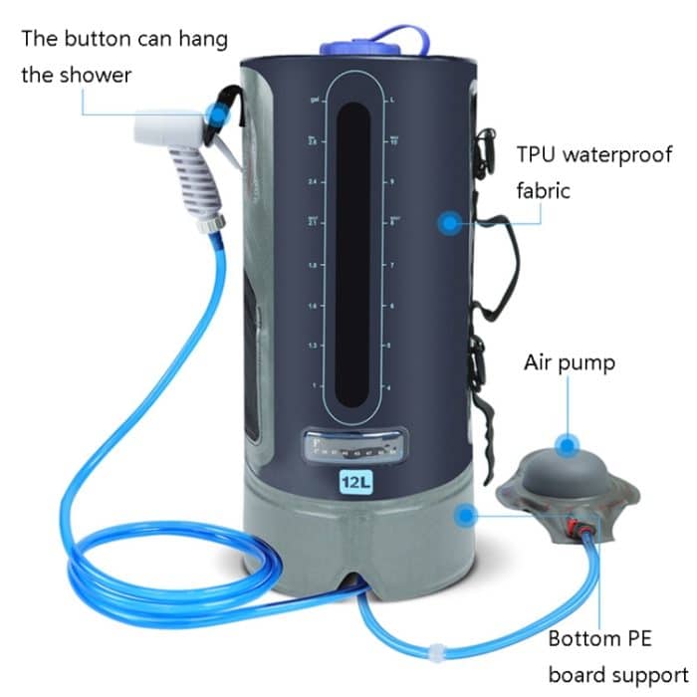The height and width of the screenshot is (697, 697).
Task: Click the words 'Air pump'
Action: (569, 361)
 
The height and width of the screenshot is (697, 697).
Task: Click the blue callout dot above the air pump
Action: (569, 444)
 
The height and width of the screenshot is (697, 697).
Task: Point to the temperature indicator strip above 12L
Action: (355, 445)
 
